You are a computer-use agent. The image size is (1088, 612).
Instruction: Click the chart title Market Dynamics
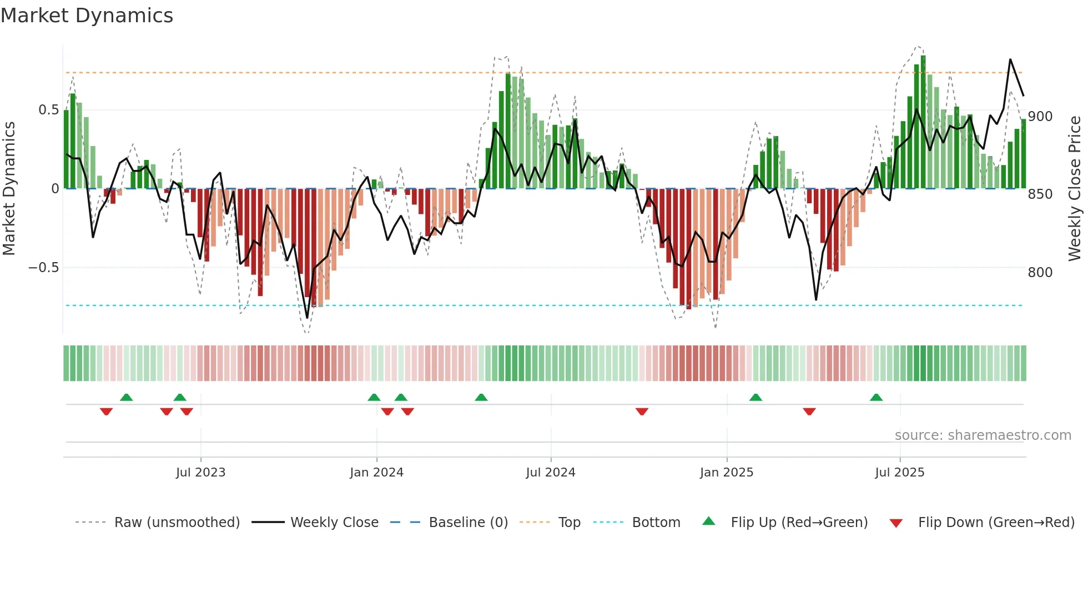coord(87,16)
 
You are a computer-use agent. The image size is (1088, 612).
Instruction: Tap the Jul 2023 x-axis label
coord(200,473)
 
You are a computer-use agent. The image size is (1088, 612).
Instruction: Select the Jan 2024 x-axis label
coord(376,473)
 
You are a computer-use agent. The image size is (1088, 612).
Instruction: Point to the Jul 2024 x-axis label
coord(550,473)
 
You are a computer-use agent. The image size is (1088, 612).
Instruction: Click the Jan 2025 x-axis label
coord(726,473)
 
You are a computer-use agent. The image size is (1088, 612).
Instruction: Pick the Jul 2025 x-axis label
coord(899,473)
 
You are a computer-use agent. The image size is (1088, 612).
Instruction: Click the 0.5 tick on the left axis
coord(49,110)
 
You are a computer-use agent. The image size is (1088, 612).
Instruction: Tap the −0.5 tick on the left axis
coord(44,268)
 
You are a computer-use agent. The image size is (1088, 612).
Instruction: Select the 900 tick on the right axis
coord(1040,117)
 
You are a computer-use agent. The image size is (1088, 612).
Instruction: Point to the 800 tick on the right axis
coord(1040,273)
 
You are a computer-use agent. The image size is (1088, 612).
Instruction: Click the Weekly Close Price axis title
coord(1075,189)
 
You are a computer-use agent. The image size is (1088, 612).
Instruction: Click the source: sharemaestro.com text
coord(983,435)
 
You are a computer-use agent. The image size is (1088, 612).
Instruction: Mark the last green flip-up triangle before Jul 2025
coord(876,398)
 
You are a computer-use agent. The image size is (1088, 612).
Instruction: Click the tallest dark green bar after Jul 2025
coord(923,122)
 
